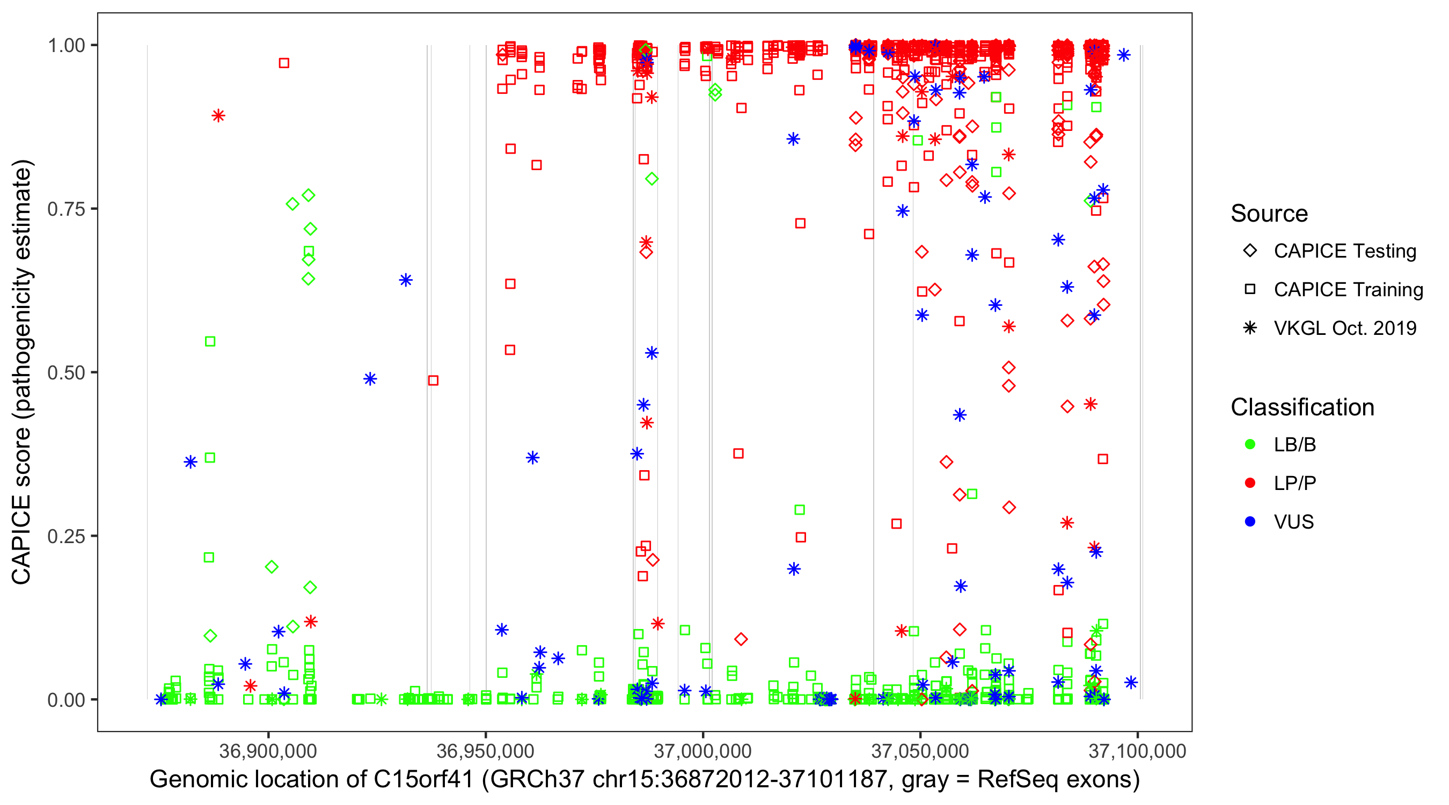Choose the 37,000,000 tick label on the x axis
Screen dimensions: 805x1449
click(x=702, y=751)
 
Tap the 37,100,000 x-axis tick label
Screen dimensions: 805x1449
click(x=1137, y=751)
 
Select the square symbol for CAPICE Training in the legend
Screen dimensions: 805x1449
click(x=1250, y=289)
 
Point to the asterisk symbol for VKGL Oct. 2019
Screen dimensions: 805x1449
click(x=1250, y=328)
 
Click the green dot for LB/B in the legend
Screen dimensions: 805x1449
click(x=1250, y=444)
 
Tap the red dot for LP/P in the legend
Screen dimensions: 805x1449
click(x=1250, y=483)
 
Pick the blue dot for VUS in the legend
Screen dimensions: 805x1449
click(x=1250, y=522)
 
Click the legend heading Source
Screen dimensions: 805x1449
click(x=1269, y=214)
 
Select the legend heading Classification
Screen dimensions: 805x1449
click(x=1302, y=407)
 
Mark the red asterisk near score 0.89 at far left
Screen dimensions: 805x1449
click(x=218, y=116)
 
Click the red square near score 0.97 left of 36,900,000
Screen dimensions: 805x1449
click(x=284, y=63)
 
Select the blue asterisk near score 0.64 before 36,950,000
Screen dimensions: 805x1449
click(x=406, y=280)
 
